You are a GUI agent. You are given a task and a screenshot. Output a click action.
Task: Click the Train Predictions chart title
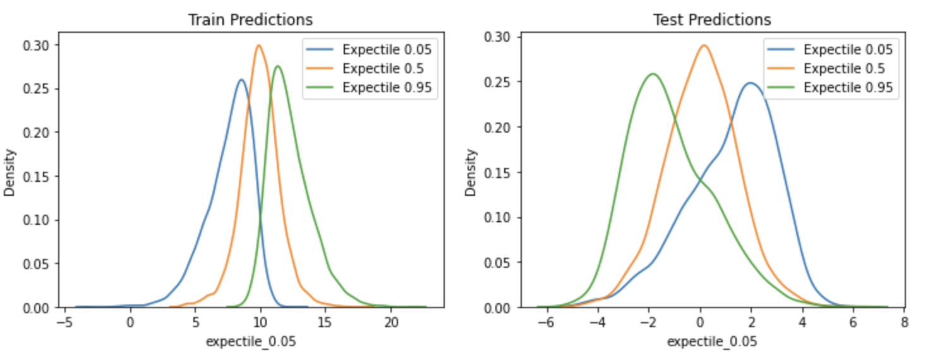coord(250,20)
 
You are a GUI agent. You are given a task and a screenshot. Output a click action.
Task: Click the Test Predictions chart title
coord(711,20)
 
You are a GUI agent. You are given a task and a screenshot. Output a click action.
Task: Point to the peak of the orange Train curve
coord(259,45)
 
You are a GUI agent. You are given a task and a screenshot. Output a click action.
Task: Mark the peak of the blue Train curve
coord(241,80)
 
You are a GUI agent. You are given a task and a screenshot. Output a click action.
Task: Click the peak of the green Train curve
coord(277,66)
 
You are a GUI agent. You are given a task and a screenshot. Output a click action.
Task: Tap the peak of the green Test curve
coord(653,74)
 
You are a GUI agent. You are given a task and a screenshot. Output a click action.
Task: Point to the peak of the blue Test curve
coord(750,83)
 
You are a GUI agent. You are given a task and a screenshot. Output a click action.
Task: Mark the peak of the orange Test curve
coord(703,45)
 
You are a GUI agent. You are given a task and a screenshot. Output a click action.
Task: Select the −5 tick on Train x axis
coord(63,321)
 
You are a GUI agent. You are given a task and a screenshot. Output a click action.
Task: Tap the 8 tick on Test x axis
coord(903,321)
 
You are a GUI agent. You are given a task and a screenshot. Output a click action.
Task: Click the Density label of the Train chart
coord(10,172)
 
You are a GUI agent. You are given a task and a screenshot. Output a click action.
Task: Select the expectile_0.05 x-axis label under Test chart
coord(711,342)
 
